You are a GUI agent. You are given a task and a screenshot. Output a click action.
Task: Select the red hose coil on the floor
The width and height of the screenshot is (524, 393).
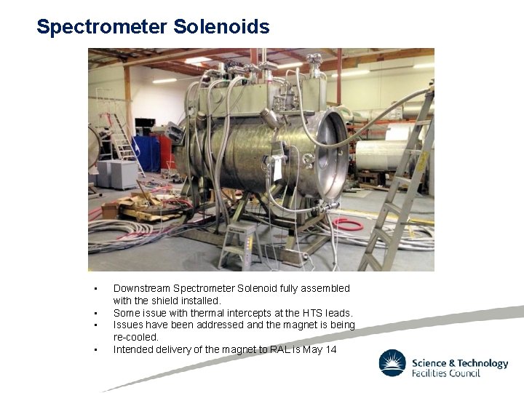(347, 224)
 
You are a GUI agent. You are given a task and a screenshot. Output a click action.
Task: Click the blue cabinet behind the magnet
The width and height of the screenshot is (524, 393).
(146, 153)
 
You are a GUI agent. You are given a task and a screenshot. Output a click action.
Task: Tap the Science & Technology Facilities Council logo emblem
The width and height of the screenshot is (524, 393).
(392, 362)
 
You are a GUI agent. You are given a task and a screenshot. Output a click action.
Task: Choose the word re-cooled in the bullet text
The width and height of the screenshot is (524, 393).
(136, 338)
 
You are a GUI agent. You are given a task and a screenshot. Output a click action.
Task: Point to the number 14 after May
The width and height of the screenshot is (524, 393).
(331, 350)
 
